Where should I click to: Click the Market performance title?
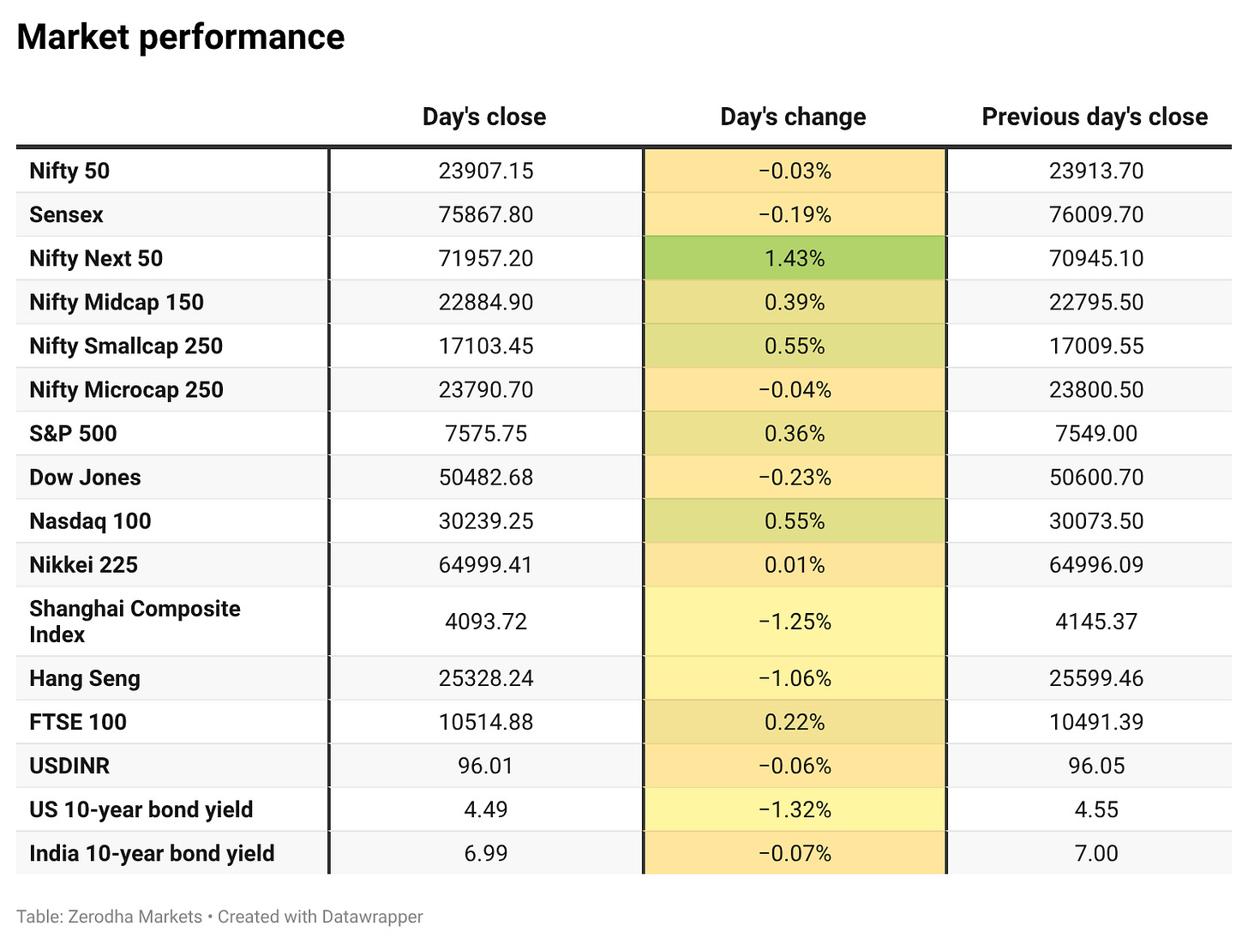(x=181, y=38)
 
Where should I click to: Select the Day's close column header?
(x=484, y=117)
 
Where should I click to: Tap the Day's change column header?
(x=793, y=117)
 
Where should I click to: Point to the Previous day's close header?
(x=1095, y=117)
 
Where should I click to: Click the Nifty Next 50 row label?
(x=96, y=258)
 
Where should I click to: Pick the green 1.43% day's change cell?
(x=795, y=258)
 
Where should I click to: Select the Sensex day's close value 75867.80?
(x=486, y=214)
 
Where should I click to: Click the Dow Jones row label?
(x=85, y=477)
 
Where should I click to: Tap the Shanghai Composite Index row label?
(x=135, y=621)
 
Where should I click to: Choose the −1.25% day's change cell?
(x=795, y=621)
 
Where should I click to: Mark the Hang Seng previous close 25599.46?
(x=1096, y=678)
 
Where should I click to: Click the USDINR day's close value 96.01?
(x=485, y=766)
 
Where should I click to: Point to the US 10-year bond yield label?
(x=141, y=809)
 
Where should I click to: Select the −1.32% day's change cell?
(x=795, y=809)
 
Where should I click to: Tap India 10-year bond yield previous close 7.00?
(x=1096, y=853)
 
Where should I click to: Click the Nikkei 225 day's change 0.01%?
(x=795, y=565)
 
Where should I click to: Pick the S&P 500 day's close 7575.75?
(x=486, y=433)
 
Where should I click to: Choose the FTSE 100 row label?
(x=78, y=722)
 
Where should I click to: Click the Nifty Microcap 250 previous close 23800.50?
(x=1096, y=389)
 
